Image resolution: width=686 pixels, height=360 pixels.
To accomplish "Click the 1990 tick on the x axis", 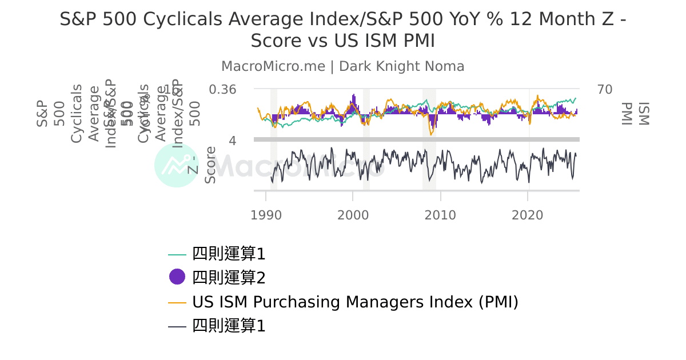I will [x=266, y=215].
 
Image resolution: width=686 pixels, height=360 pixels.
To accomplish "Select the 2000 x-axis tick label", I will [x=353, y=215].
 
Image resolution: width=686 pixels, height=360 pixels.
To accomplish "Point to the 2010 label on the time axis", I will [x=440, y=215].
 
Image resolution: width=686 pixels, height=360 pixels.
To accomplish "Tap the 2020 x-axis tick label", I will [x=527, y=215].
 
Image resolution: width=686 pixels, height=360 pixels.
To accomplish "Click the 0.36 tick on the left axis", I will [x=222, y=90].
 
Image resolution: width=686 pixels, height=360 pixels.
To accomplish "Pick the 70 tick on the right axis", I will [x=605, y=90].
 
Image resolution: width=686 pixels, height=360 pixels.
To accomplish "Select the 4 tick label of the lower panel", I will [x=233, y=140].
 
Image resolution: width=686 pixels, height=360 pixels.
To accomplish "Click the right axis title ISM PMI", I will [x=635, y=114].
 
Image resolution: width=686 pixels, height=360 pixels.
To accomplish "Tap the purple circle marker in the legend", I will [x=177, y=277].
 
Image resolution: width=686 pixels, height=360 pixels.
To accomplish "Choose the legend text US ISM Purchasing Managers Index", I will [x=355, y=302].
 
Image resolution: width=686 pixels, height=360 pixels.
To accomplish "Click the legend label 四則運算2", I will [x=229, y=277].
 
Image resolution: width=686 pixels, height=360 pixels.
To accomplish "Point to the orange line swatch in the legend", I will [x=177, y=302].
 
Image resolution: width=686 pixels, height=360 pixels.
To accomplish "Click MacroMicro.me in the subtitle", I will [x=273, y=66].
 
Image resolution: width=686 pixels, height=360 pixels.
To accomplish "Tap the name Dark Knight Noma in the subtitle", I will [x=401, y=66].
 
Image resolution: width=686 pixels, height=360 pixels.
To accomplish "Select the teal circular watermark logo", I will [x=176, y=165].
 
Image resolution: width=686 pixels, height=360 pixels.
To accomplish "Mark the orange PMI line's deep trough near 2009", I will [x=431, y=134].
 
